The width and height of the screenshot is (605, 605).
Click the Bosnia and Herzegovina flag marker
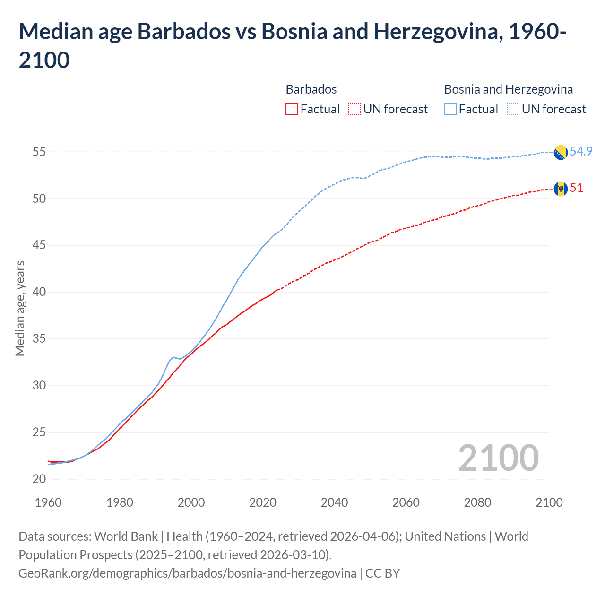pos(560,153)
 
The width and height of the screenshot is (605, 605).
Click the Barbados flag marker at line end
pos(560,189)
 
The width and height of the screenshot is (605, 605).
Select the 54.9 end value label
pos(581,151)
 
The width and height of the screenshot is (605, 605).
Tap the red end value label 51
pos(576,188)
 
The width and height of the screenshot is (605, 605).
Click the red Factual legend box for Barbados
pos(292,109)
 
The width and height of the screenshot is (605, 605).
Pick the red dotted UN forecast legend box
pos(354,109)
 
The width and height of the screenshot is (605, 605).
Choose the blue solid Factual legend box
pos(450,109)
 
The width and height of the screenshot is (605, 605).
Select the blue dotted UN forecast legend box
pos(513,109)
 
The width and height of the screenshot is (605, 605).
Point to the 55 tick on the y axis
pos(39,152)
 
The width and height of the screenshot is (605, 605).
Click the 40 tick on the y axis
pos(39,292)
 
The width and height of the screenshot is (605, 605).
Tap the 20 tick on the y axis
pos(39,479)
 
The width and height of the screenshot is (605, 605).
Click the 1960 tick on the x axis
pos(48,502)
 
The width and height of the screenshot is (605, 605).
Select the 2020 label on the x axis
pos(263,502)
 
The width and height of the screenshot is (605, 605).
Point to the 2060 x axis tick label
pos(406,502)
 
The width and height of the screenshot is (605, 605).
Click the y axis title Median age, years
pos(20,308)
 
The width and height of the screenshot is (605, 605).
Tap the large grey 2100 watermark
pos(498,458)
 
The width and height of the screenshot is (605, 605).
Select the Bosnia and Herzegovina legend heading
pos(508,89)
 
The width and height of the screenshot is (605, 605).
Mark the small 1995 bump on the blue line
pos(173,357)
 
